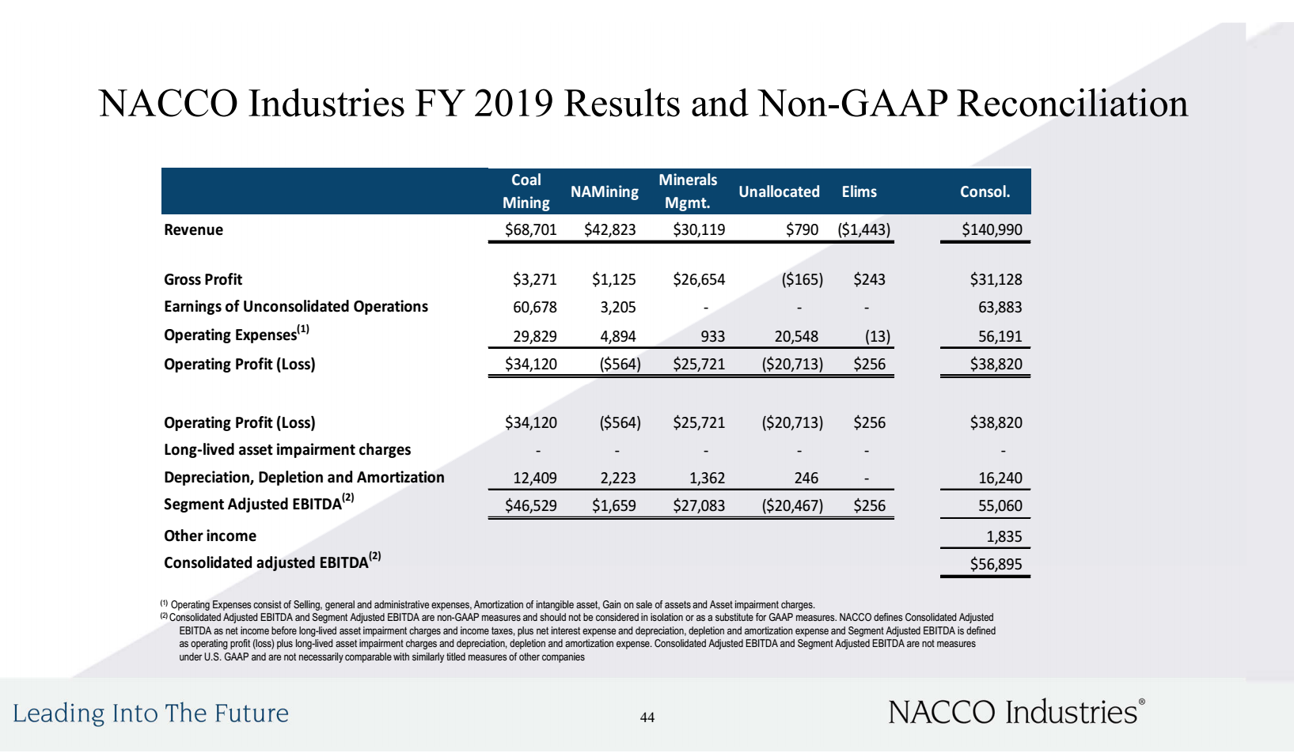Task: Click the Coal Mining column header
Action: [526, 191]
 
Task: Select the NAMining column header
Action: [604, 191]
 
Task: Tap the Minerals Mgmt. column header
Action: [688, 191]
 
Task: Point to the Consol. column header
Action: [985, 191]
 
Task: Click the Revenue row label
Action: [194, 230]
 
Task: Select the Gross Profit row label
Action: [203, 279]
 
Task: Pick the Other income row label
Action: [211, 535]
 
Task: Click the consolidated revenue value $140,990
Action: [992, 230]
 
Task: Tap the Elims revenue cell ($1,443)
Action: [863, 230]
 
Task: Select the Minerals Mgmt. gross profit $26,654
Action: [699, 279]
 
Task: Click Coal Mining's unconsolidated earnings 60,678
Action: [535, 307]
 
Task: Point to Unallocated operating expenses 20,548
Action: [796, 337]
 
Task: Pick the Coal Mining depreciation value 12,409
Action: [535, 478]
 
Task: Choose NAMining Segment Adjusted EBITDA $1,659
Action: [613, 506]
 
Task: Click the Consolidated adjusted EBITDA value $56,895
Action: [996, 564]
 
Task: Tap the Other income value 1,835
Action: [1004, 537]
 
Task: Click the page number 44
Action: [647, 717]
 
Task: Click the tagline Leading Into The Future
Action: [151, 713]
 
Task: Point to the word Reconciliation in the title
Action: [1072, 104]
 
